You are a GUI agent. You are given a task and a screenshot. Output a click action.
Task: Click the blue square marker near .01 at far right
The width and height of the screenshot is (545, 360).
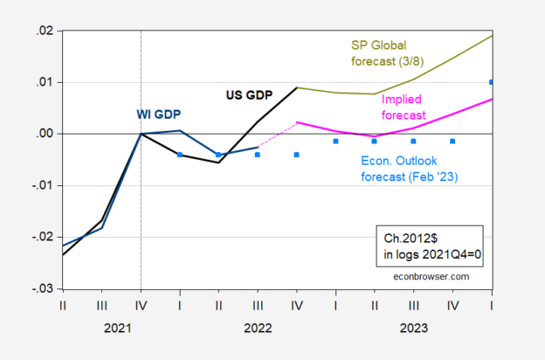tap(491, 82)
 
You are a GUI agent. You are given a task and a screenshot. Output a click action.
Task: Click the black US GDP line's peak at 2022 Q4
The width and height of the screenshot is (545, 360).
tap(297, 87)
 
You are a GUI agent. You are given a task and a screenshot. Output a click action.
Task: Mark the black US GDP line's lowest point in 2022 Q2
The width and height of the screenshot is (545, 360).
tap(218, 163)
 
